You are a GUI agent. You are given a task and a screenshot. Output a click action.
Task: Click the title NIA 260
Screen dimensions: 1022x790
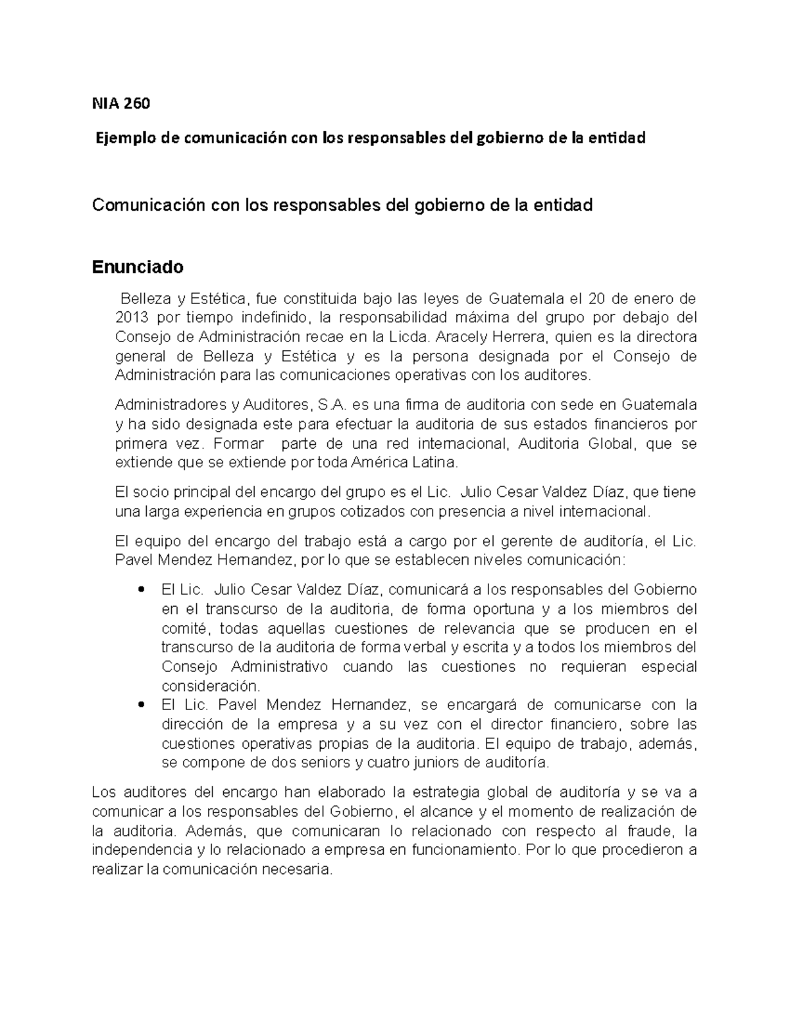[121, 103]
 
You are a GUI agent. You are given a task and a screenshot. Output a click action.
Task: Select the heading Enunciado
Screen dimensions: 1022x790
[138, 267]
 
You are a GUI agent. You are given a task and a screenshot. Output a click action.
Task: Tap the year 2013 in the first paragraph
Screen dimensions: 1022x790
[131, 318]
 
